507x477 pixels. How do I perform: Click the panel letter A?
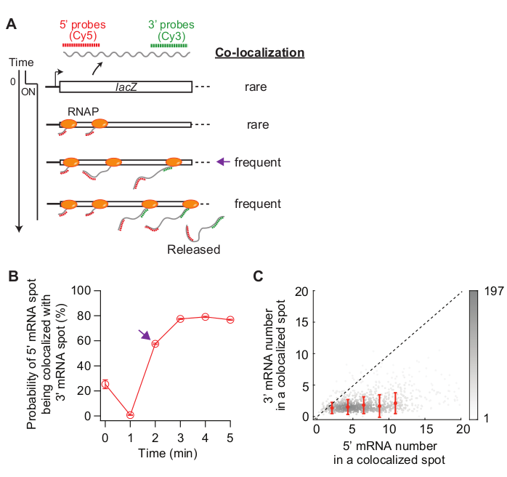(x=11, y=25)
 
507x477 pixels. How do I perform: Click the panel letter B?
(x=11, y=277)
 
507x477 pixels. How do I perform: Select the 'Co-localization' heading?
(x=259, y=52)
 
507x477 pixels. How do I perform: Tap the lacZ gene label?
(x=126, y=87)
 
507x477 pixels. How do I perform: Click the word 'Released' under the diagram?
(x=193, y=249)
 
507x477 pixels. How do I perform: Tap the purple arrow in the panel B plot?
(x=145, y=334)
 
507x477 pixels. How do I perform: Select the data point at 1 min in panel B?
(x=130, y=414)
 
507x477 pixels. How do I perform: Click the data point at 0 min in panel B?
(x=105, y=384)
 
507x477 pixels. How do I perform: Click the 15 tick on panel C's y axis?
(x=304, y=322)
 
